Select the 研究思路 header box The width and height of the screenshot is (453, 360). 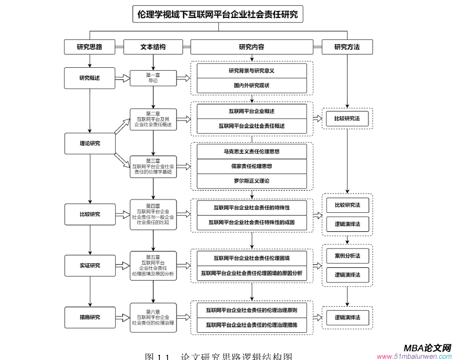coord(89,47)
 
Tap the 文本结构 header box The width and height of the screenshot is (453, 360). coord(153,47)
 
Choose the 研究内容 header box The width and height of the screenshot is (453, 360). coord(251,47)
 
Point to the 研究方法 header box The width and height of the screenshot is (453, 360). coord(347,47)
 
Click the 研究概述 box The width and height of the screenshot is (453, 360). coord(89,78)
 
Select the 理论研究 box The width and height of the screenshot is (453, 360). coord(89,143)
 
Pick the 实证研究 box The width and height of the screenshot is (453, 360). coord(89,266)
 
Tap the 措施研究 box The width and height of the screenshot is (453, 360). coord(89,317)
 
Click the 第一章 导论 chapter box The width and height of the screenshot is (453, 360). coord(153,78)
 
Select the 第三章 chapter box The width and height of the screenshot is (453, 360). coord(153,166)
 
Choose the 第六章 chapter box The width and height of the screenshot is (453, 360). coord(153,317)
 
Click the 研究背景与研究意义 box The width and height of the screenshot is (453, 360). coord(251,71)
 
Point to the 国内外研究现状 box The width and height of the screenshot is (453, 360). coord(251,86)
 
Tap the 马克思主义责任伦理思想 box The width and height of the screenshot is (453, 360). coord(251,151)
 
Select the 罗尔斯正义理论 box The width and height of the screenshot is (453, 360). coord(251,181)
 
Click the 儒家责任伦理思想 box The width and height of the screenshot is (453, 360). coord(251,166)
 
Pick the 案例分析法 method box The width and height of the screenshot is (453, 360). coord(347,256)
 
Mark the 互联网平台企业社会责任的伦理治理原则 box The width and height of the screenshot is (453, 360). coord(251,311)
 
